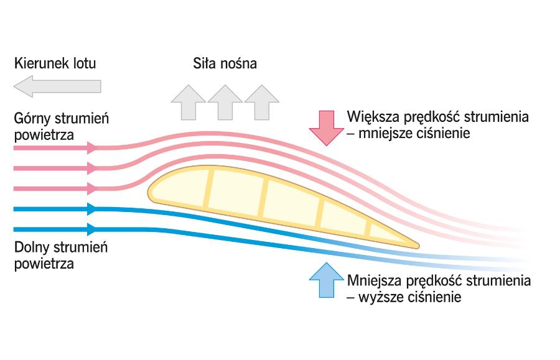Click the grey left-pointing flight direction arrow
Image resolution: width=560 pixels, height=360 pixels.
click(57, 85)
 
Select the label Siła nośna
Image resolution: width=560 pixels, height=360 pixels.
click(225, 63)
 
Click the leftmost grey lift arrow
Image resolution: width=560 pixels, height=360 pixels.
click(188, 101)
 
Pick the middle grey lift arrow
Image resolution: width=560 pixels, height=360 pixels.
click(225, 101)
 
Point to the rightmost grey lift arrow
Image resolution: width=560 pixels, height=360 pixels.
click(261, 101)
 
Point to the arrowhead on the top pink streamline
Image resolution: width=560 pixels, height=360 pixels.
click(92, 148)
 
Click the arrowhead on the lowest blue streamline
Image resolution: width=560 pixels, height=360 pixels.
click(92, 229)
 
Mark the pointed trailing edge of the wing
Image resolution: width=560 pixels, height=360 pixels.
click(416, 246)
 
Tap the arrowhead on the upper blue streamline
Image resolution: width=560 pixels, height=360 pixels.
click(92, 209)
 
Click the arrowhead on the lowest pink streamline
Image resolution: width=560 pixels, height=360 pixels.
click(92, 188)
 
